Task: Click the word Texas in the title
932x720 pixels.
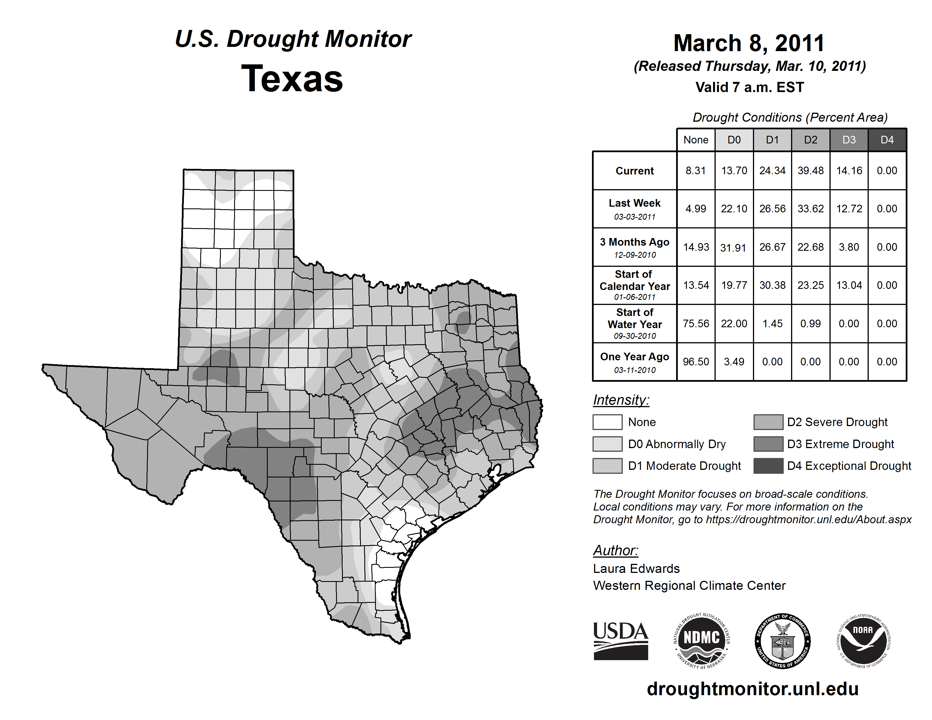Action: [x=292, y=78]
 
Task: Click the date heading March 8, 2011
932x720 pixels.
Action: [x=749, y=43]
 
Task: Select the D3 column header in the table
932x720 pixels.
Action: [x=849, y=140]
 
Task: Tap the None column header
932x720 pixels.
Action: [x=696, y=140]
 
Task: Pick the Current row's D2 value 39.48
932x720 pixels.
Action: [x=810, y=171]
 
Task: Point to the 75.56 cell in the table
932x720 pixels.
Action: [x=696, y=324]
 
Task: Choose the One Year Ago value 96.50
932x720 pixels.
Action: [x=696, y=362]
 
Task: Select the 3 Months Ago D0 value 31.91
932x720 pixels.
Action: [x=733, y=247]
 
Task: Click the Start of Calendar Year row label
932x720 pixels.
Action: [x=635, y=285]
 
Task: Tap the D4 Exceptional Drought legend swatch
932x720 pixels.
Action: [x=768, y=466]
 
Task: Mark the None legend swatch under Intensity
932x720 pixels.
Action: [x=607, y=422]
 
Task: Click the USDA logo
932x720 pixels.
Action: [x=620, y=641]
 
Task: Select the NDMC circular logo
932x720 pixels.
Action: [x=702, y=641]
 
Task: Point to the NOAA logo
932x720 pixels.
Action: [x=863, y=641]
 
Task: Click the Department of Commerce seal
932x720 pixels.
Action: [x=783, y=641]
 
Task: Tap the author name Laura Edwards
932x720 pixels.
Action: [x=636, y=569]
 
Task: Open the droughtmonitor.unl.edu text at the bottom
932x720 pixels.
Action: [x=753, y=689]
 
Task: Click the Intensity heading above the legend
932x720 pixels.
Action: [x=621, y=400]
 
